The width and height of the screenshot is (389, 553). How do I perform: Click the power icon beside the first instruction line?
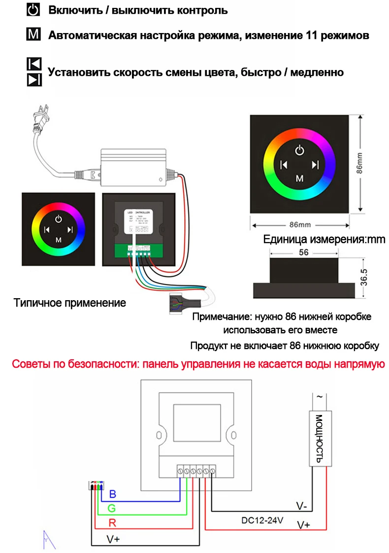click(x=32, y=10)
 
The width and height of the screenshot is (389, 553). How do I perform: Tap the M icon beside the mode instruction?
click(x=32, y=35)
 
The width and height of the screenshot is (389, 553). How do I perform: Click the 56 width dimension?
click(x=303, y=252)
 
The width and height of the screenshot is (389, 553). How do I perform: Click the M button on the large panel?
click(x=299, y=178)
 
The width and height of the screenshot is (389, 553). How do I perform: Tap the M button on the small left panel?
click(x=59, y=240)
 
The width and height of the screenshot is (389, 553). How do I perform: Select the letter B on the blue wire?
click(x=112, y=494)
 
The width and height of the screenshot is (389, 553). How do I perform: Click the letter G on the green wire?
click(x=112, y=508)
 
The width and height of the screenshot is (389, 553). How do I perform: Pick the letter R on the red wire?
click(x=112, y=522)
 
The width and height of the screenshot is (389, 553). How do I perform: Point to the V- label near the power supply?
click(x=301, y=506)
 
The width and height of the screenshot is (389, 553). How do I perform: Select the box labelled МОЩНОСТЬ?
click(x=319, y=439)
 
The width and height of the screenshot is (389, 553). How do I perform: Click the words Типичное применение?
click(x=70, y=303)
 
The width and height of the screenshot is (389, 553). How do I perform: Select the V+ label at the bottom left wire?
click(x=113, y=539)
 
